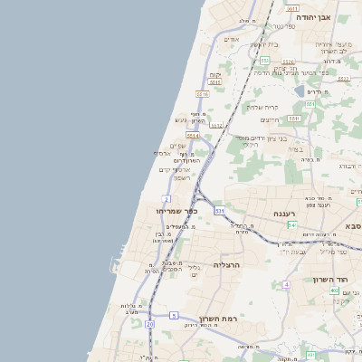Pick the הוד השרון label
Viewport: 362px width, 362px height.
348,281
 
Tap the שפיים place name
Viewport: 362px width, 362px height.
177,146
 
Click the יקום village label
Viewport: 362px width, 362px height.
214,75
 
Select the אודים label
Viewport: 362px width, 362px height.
231,39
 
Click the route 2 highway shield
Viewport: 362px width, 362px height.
167,198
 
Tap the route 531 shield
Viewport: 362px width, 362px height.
219,210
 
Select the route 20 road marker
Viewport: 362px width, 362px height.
149,323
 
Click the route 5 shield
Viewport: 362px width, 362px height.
173,315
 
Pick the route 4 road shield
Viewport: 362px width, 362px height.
286,284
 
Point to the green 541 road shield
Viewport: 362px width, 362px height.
292,224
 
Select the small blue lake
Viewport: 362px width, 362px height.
299,90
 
